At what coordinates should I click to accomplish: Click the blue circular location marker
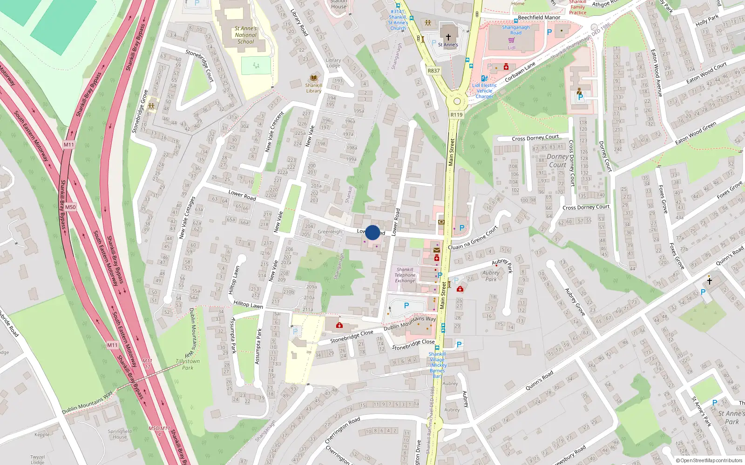tap(372, 232)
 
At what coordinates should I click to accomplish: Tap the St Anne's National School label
tap(245, 35)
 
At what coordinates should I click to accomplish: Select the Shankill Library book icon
tap(314, 78)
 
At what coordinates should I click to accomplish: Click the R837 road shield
tap(433, 71)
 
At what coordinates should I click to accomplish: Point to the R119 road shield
tap(456, 115)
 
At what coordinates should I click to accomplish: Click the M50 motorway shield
tap(70, 207)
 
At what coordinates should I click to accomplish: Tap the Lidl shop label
tap(511, 47)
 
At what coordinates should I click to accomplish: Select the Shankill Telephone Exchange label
tap(405, 275)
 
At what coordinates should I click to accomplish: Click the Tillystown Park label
tap(188, 364)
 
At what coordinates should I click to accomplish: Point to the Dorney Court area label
tap(557, 160)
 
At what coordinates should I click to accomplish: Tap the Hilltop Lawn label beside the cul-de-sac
tap(234, 279)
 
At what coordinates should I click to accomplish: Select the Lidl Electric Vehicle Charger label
tap(484, 91)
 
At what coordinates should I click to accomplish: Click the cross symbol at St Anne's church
tap(448, 37)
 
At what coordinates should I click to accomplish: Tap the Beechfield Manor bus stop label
tap(539, 18)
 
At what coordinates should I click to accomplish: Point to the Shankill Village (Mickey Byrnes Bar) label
tap(437, 365)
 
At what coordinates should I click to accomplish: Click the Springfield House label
tap(120, 434)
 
